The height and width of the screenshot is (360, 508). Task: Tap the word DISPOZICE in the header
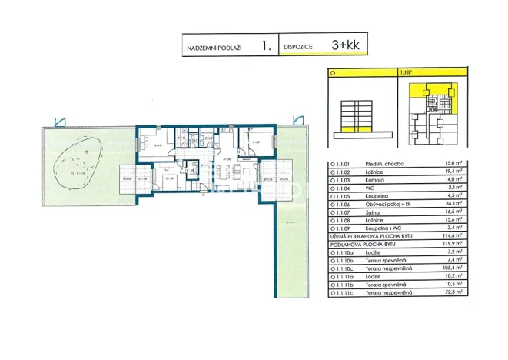(297, 48)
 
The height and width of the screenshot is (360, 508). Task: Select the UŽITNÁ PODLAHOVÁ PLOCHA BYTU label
(368, 236)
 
